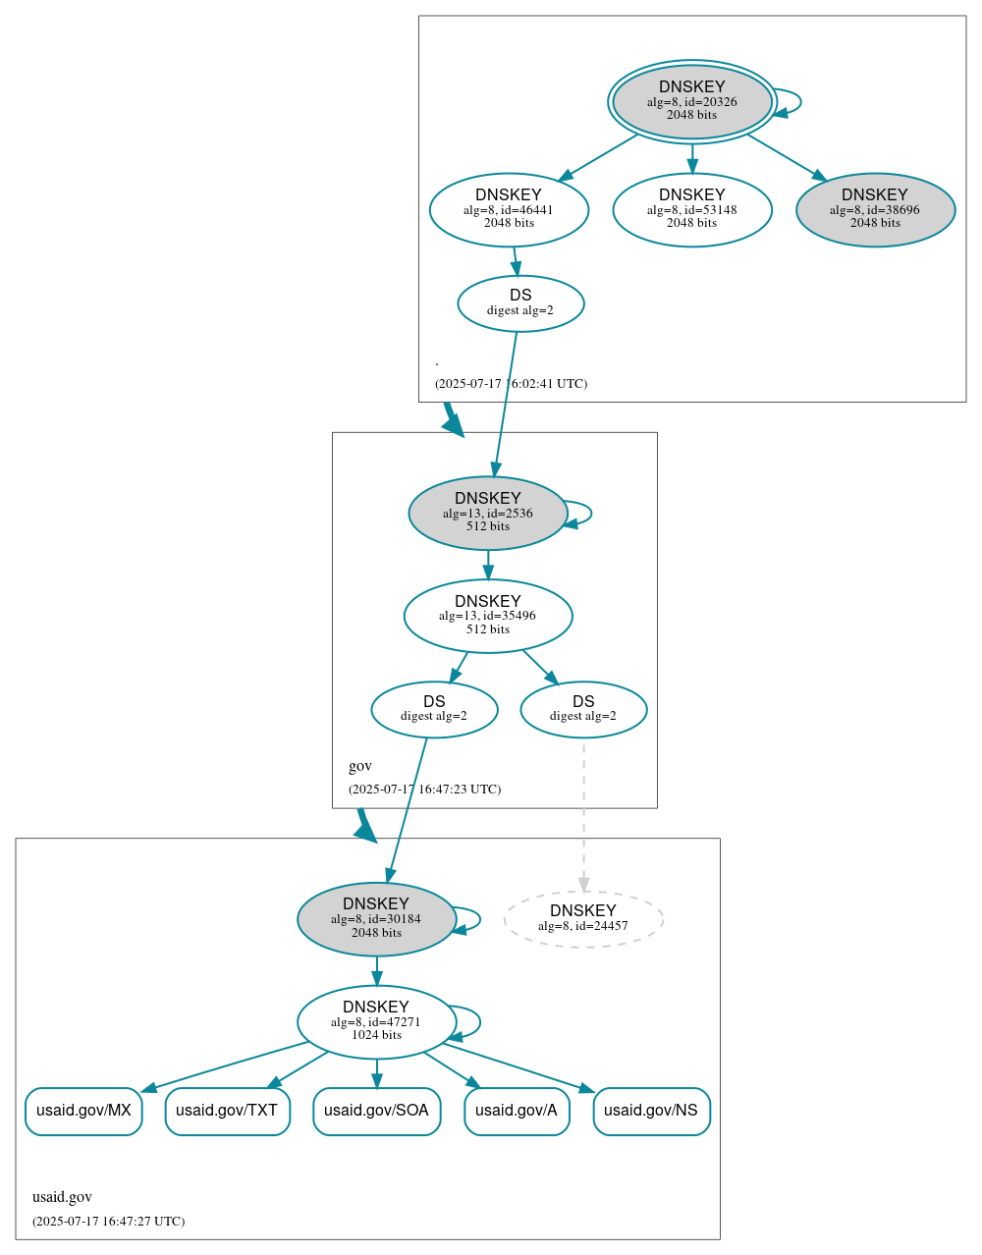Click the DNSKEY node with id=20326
pos(691,101)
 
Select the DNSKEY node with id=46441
pos(509,209)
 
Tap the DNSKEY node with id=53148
pos(691,209)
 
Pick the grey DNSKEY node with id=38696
pos(875,209)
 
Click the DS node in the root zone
pos(520,303)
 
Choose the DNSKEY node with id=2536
pos(487,513)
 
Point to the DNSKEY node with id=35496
pos(487,616)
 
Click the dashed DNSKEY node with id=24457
pos(583,919)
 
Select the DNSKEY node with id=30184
pos(376,919)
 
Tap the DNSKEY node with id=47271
pos(376,1021)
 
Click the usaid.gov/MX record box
pos(83,1111)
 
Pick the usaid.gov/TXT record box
pos(227,1111)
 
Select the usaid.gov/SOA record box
pos(376,1111)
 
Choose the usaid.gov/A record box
pos(517,1111)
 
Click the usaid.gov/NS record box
pos(651,1111)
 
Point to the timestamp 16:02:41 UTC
pos(511,384)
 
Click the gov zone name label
pos(360,766)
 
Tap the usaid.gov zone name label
pos(62,1197)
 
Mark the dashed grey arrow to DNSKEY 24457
pos(583,815)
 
